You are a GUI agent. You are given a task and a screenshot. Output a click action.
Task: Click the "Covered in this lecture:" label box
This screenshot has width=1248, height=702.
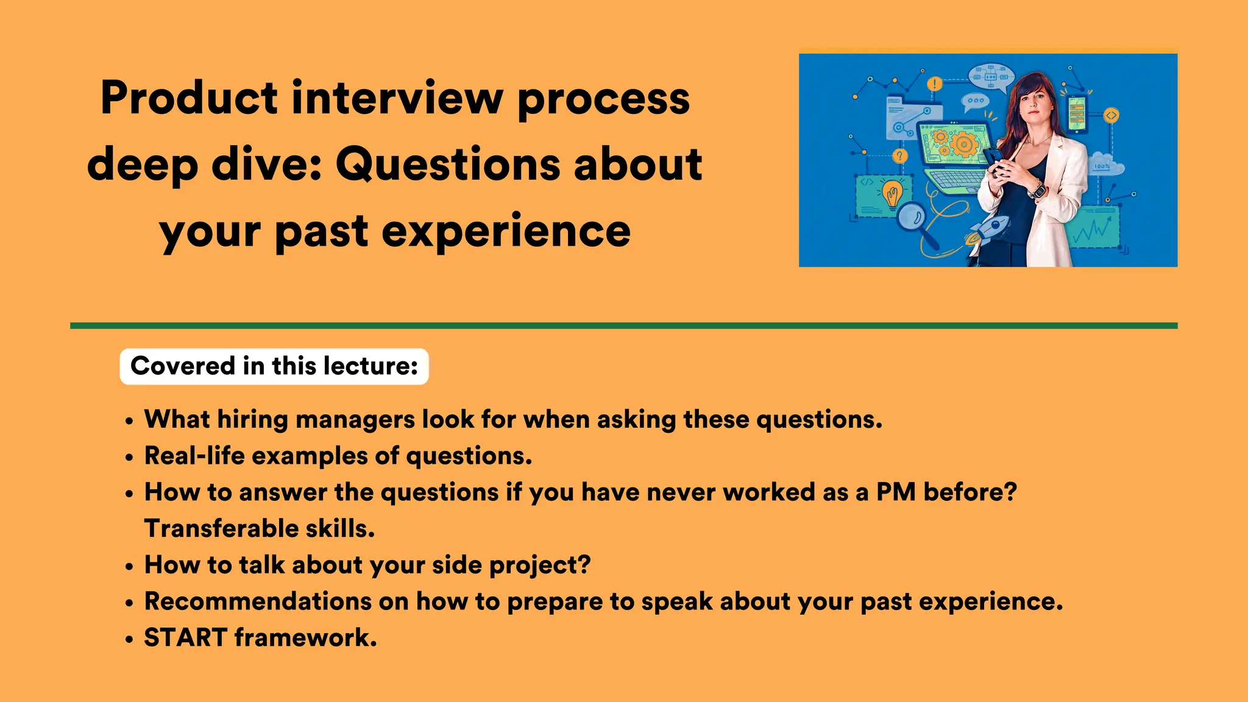(x=274, y=366)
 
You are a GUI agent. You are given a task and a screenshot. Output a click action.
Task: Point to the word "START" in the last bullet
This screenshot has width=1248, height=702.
(x=185, y=637)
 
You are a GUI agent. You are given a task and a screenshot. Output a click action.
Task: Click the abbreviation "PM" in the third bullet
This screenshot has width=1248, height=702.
(x=895, y=492)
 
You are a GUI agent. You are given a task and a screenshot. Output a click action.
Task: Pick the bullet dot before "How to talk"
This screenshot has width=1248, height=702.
(x=129, y=567)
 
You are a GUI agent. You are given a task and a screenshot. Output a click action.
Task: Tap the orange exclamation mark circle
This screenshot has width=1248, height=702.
(x=934, y=84)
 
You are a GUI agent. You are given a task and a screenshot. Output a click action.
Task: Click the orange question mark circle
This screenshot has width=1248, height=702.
(x=899, y=156)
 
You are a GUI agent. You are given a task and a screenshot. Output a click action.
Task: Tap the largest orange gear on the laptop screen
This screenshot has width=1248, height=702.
(x=963, y=144)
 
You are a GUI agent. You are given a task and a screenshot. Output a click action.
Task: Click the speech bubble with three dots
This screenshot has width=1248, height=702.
(x=975, y=101)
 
